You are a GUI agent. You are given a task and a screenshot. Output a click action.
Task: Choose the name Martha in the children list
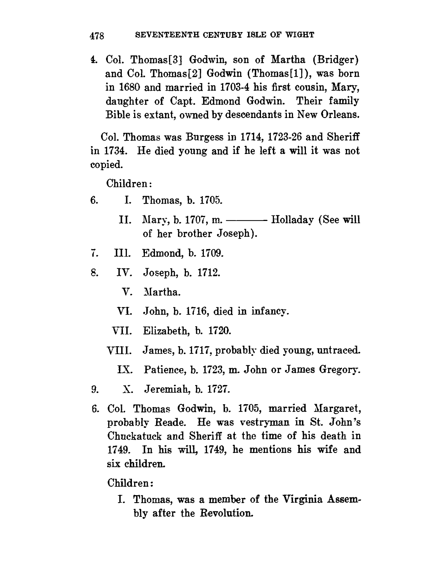pyautogui.click(x=161, y=292)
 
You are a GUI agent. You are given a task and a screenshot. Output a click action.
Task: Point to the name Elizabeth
pyautogui.click(x=166, y=330)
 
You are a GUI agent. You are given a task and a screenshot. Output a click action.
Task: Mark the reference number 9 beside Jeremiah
pyautogui.click(x=94, y=389)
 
